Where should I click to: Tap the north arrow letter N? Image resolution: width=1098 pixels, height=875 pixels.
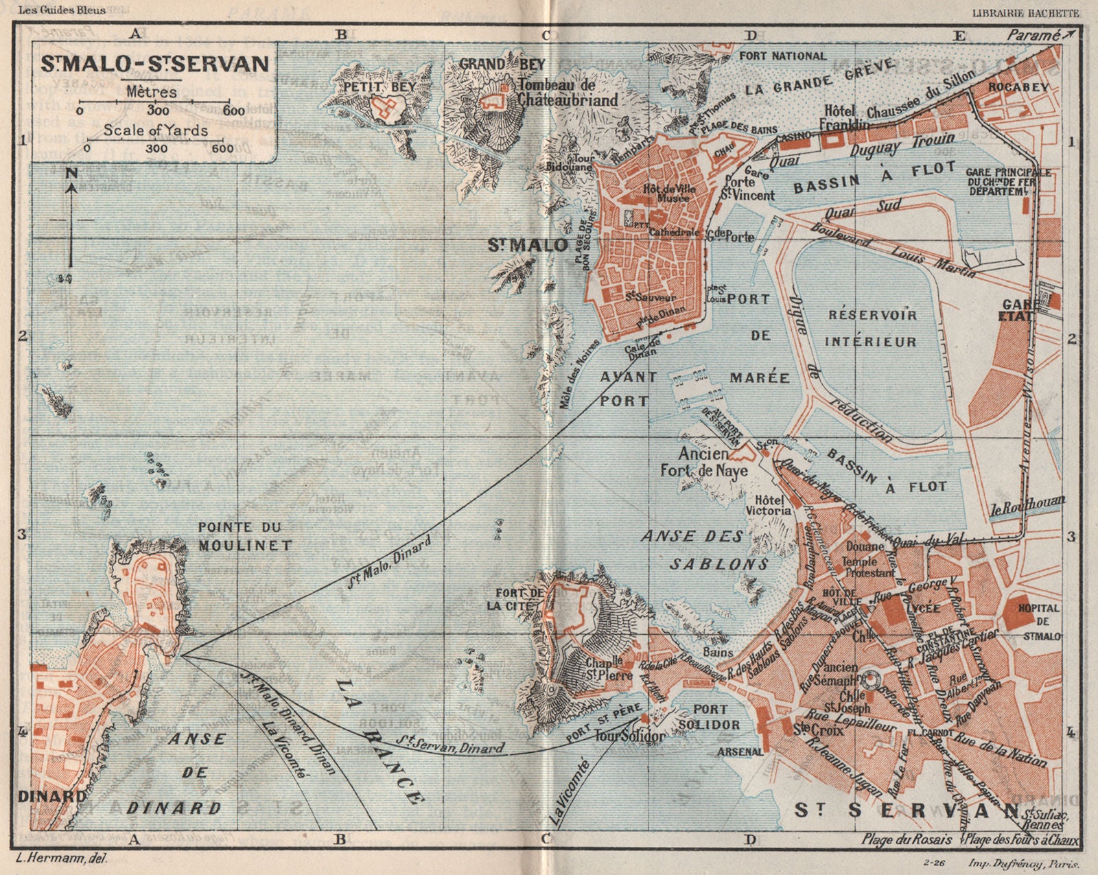click(71, 174)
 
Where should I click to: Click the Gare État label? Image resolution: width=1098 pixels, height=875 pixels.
click(1017, 310)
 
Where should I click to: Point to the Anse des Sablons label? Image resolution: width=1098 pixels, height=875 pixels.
click(705, 550)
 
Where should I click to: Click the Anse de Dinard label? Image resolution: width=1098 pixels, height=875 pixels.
click(195, 773)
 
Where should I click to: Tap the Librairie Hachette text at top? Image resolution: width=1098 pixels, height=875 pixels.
click(1025, 13)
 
